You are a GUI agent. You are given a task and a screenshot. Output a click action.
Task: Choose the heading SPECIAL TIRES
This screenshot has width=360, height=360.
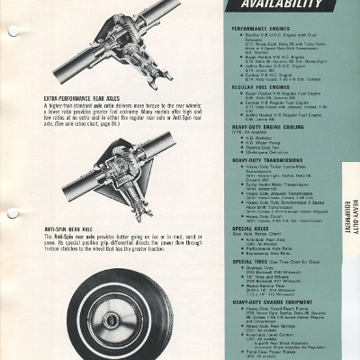coord(249,261)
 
